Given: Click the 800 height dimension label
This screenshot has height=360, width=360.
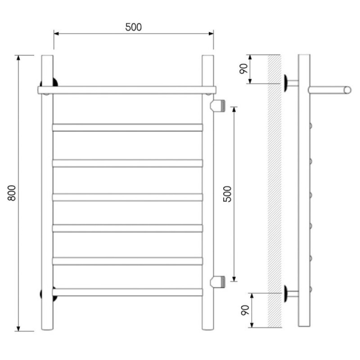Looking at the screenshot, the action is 12,193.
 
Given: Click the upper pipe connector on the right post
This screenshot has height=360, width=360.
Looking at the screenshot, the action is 218,105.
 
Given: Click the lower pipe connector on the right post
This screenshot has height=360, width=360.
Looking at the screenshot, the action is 218,282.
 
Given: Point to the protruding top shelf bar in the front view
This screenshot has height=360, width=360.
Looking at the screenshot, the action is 127,90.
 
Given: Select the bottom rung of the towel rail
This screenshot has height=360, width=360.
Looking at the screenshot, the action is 128,292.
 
